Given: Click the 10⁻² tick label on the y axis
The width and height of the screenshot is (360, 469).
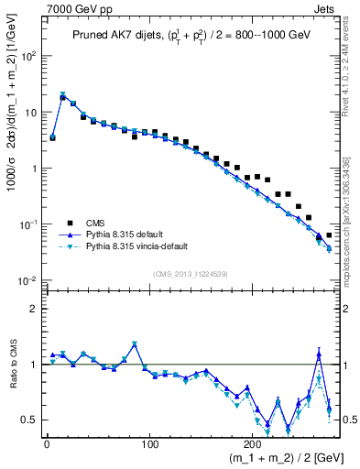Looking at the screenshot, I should [x=25, y=280].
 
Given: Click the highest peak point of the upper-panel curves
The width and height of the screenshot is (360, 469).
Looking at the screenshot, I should [x=63, y=94].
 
